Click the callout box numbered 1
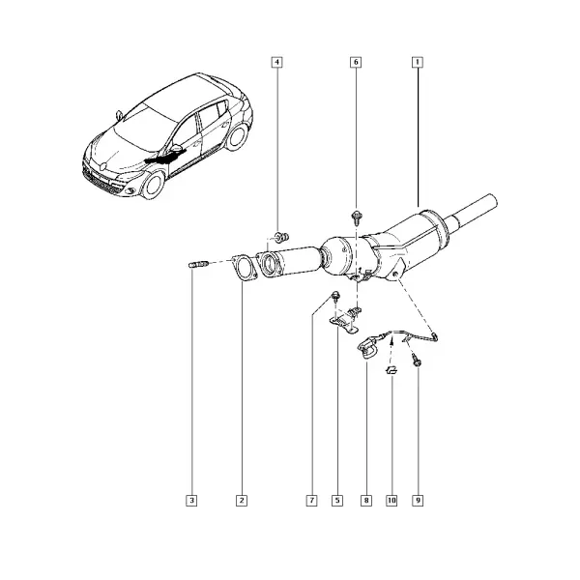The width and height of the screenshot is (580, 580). pos(418,62)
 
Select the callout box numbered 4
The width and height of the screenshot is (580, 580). pos(276,62)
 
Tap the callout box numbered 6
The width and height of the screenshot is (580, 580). pos(356,62)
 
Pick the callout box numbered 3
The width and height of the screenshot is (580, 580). pos(191,501)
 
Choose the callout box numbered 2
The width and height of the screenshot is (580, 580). pos(242,501)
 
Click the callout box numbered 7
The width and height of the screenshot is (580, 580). pos(312,501)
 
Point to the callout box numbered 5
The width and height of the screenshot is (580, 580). pos(337,501)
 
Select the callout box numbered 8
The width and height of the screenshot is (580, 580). pos(366,501)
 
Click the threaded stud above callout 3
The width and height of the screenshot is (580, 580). pos(199,264)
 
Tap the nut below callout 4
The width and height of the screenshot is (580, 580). pos(281,236)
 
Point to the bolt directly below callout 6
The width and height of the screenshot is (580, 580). pos(357,217)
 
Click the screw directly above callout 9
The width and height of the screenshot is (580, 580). pos(416,360)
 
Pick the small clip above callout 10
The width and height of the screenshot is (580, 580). pos(391,369)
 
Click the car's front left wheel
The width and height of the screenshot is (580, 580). pos(153,185)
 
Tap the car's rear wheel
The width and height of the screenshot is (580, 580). pos(237,136)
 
